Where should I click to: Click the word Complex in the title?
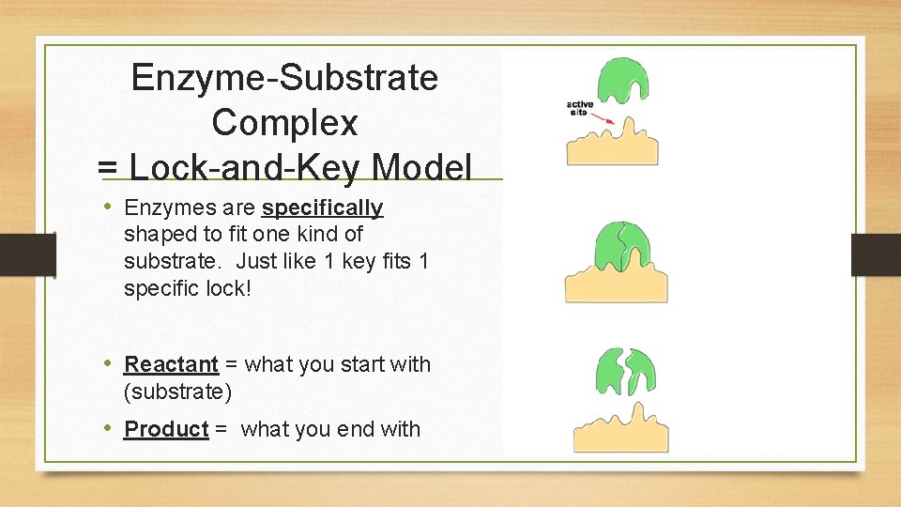pyautogui.click(x=284, y=123)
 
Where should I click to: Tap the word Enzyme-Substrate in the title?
pyautogui.click(x=284, y=78)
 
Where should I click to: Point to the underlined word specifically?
pyautogui.click(x=322, y=207)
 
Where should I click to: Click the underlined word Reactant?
pyautogui.click(x=171, y=364)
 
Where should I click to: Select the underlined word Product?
pyautogui.click(x=166, y=429)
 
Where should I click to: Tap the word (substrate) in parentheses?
pyautogui.click(x=177, y=390)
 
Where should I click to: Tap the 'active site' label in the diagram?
pyautogui.click(x=579, y=108)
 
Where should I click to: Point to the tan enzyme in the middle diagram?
pyautogui.click(x=616, y=284)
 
